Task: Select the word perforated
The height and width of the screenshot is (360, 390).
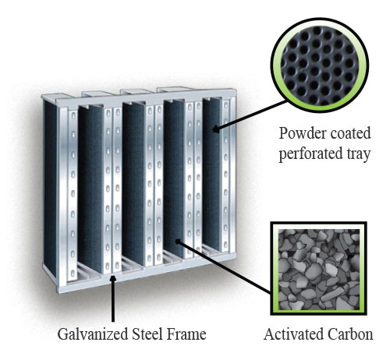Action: [310, 154]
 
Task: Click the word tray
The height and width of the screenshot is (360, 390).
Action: [358, 154]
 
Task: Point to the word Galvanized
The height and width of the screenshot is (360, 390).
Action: [93, 334]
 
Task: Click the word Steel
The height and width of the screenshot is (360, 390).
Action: [147, 334]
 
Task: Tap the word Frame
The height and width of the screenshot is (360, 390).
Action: [186, 334]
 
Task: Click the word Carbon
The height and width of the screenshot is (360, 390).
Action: [350, 334]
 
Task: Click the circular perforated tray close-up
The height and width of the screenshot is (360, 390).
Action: [320, 65]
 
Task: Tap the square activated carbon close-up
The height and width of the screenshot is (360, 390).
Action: [319, 269]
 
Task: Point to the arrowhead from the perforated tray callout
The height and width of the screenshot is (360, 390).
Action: [215, 129]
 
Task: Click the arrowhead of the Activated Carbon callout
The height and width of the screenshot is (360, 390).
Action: [178, 242]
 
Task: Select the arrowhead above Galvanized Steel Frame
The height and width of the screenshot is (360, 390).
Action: [112, 279]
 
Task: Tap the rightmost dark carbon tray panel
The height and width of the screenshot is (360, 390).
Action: [212, 175]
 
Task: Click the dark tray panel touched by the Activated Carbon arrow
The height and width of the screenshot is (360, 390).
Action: [174, 178]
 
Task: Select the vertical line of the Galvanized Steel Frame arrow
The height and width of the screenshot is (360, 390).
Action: [113, 302]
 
